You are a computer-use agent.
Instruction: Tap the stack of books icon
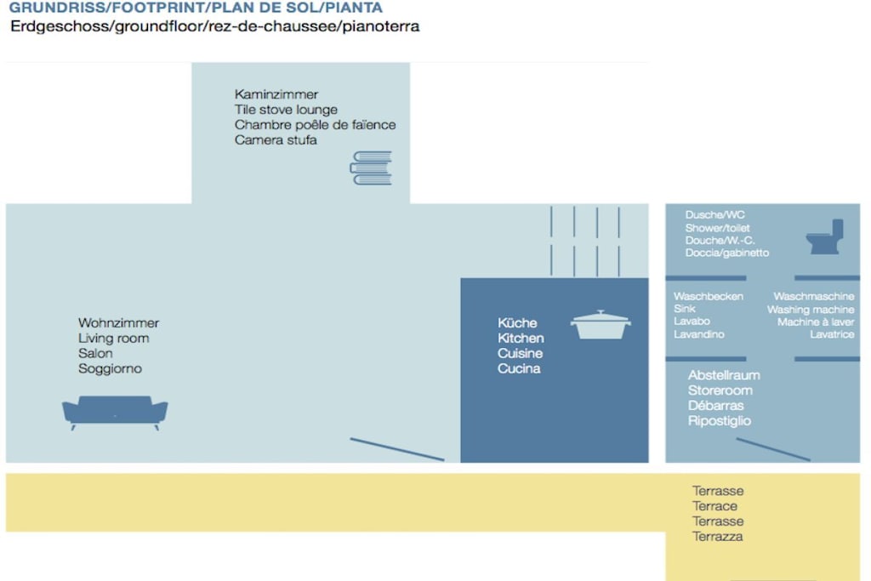(x=371, y=168)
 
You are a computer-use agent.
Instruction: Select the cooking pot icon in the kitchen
(x=601, y=325)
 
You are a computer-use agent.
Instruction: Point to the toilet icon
(x=825, y=236)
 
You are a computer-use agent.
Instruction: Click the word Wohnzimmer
(x=118, y=322)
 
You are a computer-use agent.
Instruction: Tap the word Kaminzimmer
(x=276, y=94)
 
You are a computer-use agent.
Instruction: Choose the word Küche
(x=517, y=322)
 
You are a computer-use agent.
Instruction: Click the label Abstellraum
(x=724, y=375)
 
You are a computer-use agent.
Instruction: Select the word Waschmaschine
(x=814, y=297)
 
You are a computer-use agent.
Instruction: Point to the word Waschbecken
(x=709, y=297)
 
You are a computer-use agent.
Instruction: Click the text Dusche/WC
(x=714, y=215)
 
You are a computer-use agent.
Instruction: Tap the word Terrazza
(x=717, y=537)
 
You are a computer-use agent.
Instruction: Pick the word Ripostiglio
(x=720, y=421)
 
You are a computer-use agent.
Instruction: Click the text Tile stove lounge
(x=286, y=110)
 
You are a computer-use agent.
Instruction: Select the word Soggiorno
(x=110, y=368)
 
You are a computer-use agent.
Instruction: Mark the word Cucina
(x=519, y=368)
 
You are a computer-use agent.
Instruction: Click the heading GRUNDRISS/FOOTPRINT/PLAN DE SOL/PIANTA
(x=196, y=8)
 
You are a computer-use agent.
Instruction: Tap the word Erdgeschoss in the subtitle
(x=61, y=26)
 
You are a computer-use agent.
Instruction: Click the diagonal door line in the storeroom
(x=773, y=449)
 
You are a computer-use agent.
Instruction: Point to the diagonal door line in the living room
(x=397, y=449)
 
